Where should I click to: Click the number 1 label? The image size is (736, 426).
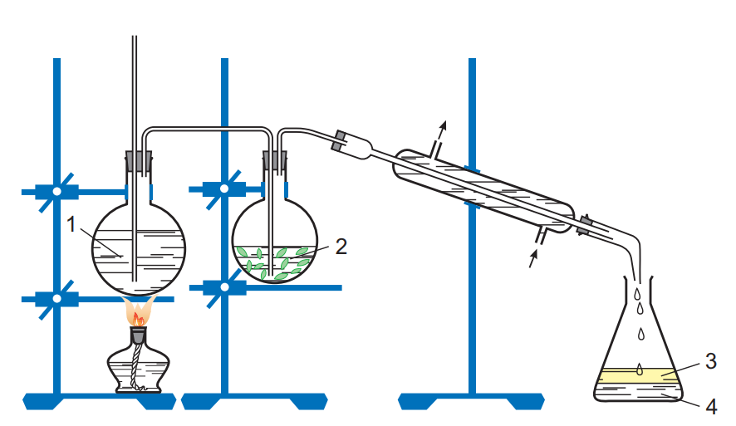(x=71, y=224)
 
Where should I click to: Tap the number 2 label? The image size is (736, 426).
(x=341, y=247)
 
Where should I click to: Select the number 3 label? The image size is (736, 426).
(x=711, y=360)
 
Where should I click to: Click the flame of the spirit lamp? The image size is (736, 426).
(x=139, y=311)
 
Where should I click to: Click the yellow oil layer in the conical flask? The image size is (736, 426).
(x=638, y=376)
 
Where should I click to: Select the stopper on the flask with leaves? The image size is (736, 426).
(x=275, y=161)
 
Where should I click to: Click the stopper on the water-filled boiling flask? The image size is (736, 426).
(x=139, y=161)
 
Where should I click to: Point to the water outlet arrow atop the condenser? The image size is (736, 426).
(x=439, y=138)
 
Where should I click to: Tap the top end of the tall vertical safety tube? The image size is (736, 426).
(x=135, y=37)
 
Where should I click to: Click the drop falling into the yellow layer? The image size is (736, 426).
(x=640, y=370)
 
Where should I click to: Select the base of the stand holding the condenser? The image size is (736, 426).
(x=471, y=401)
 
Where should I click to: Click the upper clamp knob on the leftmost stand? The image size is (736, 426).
(x=56, y=192)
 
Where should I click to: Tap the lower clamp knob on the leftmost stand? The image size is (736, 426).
(x=56, y=299)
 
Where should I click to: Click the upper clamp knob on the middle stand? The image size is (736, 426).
(x=224, y=189)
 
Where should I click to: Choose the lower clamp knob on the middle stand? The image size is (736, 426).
(x=224, y=287)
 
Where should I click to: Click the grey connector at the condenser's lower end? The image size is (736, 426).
(x=584, y=224)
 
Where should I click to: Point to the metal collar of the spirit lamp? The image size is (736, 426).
(x=138, y=335)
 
